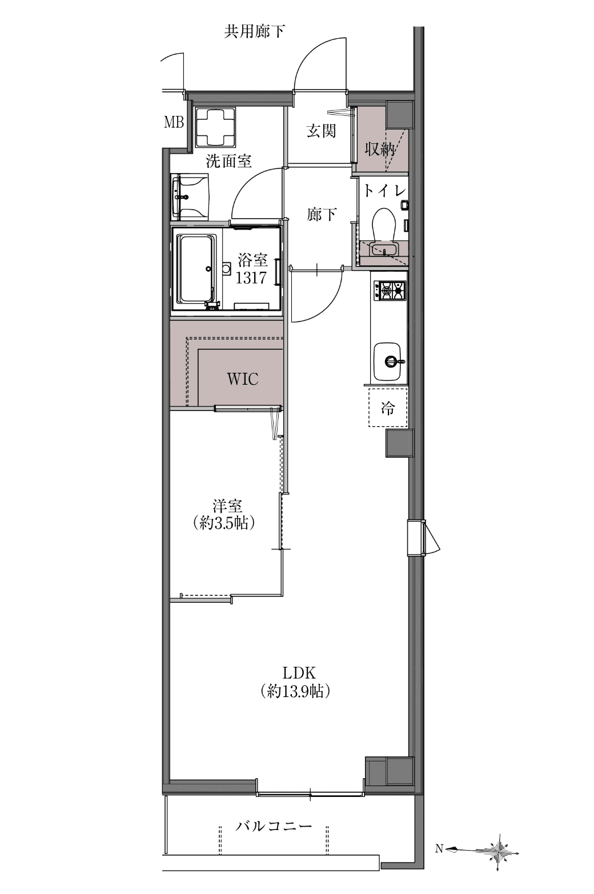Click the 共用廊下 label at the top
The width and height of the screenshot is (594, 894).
[254, 31]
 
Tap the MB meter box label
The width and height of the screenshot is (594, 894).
[174, 122]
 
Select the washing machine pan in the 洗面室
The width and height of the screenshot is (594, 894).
[215, 127]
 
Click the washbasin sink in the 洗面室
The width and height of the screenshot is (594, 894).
[190, 196]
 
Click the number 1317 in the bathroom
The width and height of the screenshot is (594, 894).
[251, 277]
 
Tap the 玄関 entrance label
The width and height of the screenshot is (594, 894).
[321, 131]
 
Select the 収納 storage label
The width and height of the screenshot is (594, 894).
[379, 149]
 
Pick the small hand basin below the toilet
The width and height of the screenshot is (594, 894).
[384, 250]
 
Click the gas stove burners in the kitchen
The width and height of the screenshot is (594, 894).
[390, 290]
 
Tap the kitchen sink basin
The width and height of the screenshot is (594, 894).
[387, 361]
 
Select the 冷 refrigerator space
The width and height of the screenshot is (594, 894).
[388, 408]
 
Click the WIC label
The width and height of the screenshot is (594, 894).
[242, 378]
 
